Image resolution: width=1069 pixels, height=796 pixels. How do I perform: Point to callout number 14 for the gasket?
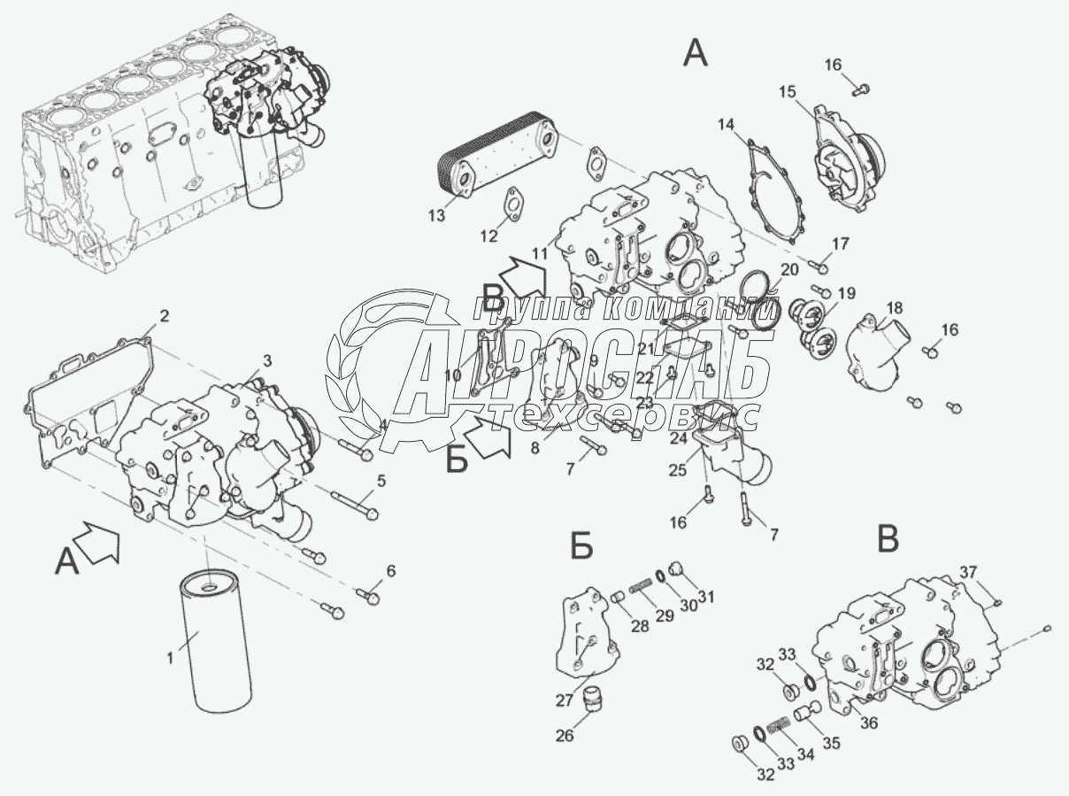tap(726, 124)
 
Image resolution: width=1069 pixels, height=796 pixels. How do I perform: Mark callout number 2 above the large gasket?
tap(164, 315)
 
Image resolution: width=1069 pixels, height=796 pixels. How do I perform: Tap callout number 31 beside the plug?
tap(705, 594)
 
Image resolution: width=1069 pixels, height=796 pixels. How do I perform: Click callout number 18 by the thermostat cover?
tap(894, 308)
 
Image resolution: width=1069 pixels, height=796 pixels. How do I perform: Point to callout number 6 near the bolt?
tap(391, 569)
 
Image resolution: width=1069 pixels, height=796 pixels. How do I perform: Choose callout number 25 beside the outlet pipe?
tap(678, 472)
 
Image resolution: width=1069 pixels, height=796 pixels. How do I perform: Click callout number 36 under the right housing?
tap(869, 723)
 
